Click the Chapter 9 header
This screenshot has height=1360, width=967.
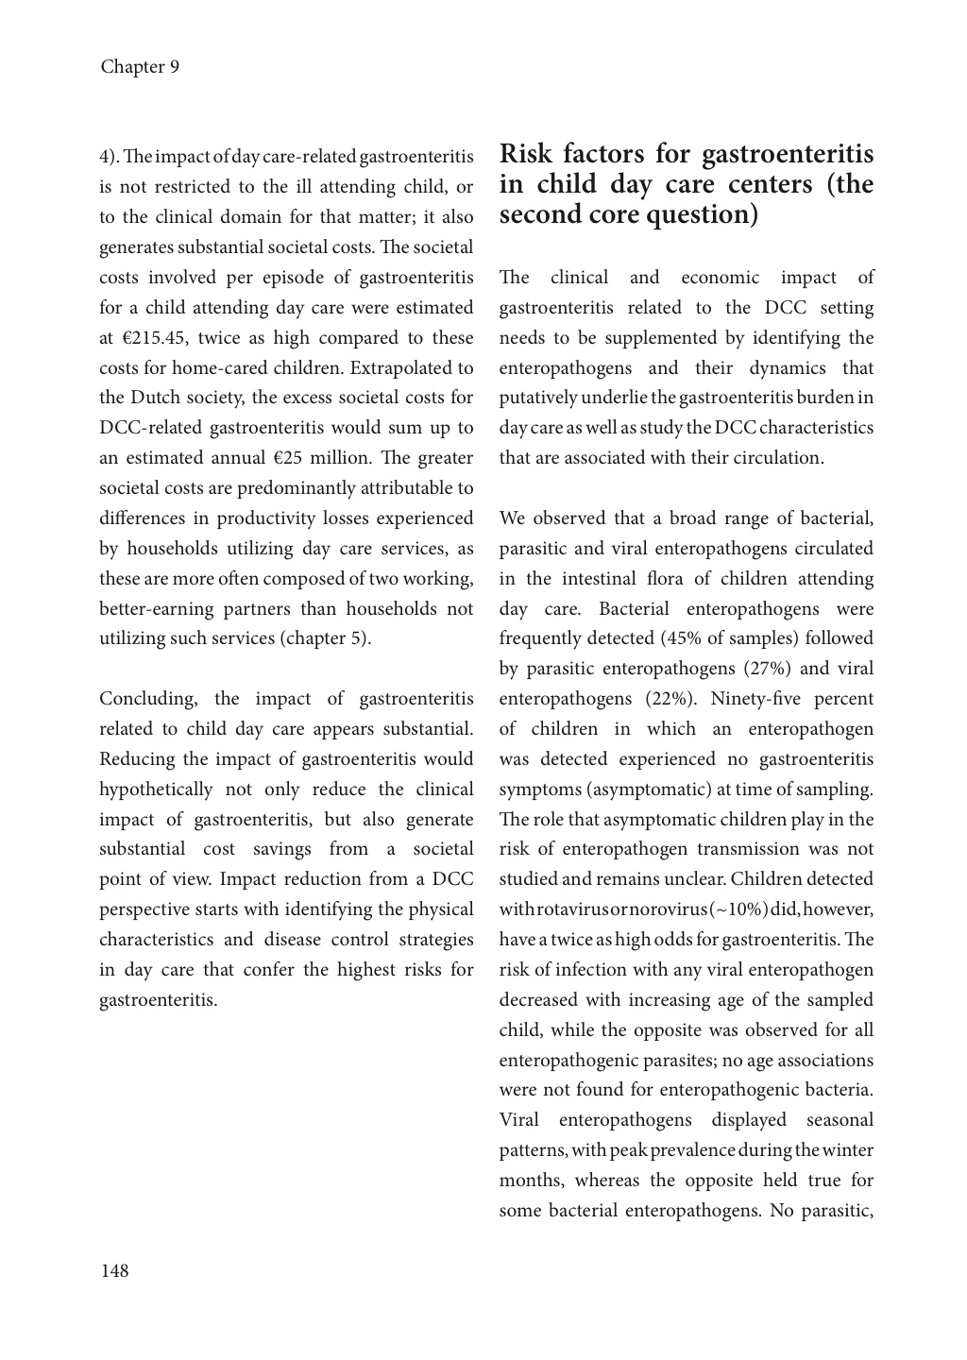point(140,67)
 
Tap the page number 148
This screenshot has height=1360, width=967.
point(114,1270)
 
